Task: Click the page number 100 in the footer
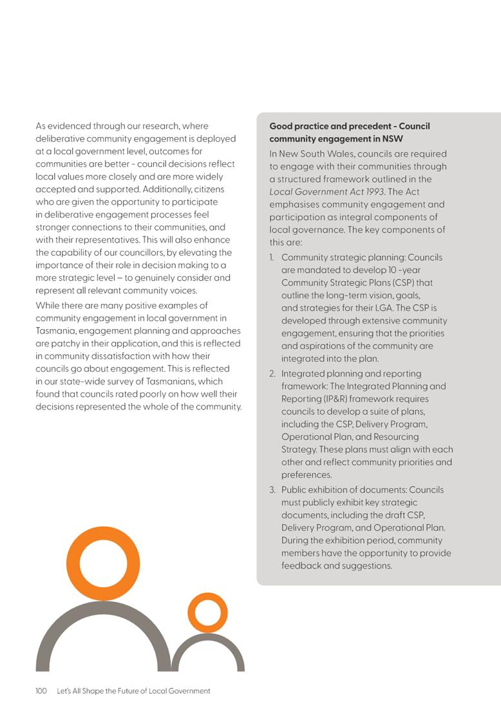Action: (41, 691)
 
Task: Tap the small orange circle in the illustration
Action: (207, 612)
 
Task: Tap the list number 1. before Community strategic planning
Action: (273, 258)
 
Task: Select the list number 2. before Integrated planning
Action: (273, 373)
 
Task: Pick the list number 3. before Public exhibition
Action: (273, 489)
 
